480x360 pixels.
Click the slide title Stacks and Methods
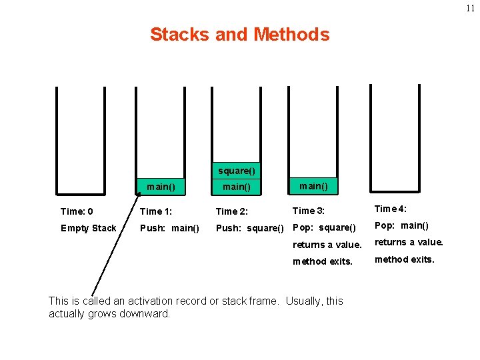239,34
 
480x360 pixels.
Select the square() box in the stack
236,171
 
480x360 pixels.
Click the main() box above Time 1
161,187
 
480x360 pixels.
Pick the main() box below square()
236,187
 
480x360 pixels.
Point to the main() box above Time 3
313,185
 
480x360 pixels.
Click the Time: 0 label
81,211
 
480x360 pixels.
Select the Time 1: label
156,211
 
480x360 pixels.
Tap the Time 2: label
232,211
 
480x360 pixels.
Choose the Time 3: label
309,211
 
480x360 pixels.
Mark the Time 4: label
391,209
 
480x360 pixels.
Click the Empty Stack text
88,228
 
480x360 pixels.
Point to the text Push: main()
169,228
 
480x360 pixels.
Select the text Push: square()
249,228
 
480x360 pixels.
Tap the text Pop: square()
325,227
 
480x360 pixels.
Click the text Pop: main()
401,225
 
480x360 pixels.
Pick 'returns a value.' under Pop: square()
327,245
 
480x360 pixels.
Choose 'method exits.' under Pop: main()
404,259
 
